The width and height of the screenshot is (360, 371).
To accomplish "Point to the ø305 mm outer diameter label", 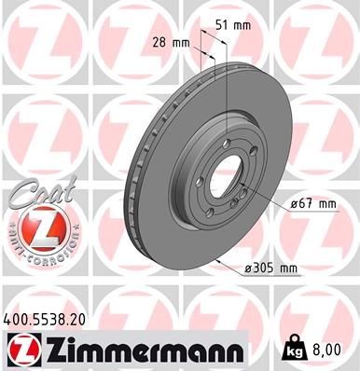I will click(x=270, y=268).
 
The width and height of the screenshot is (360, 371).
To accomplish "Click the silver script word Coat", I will click(x=35, y=195).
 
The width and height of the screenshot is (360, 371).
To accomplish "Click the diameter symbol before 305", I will click(x=247, y=268).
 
